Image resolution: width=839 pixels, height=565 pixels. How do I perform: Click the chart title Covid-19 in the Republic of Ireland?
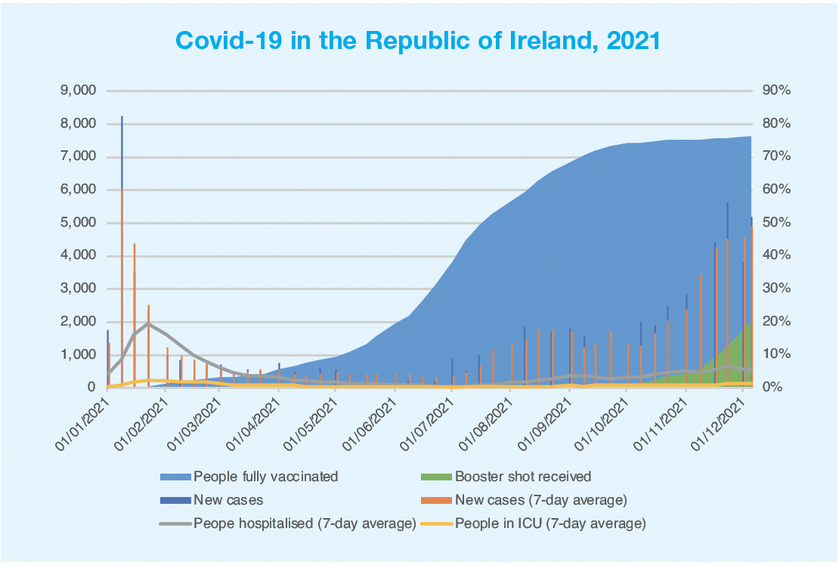pos(417,39)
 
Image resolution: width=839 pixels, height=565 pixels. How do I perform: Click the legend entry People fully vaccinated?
pos(265,477)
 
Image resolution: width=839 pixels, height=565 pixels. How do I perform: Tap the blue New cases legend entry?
pos(228,499)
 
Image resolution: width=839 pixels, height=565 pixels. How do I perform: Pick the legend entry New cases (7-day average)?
pos(540,499)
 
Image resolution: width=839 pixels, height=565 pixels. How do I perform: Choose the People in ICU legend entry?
pos(550,523)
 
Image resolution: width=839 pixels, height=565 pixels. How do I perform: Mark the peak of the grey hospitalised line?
pos(149,323)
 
